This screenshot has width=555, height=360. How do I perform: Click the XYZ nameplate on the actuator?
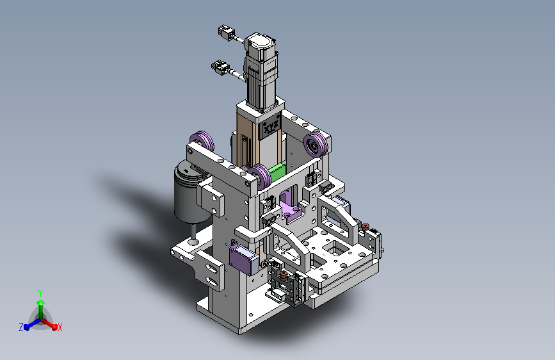click(x=271, y=125)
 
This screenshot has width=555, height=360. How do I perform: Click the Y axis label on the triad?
click(x=40, y=293)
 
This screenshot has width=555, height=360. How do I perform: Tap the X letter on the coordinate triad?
click(x=60, y=327)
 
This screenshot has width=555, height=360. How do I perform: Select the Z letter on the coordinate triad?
click(x=21, y=327)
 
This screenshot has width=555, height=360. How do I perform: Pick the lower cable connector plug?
click(x=220, y=67)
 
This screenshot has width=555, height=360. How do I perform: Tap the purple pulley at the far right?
click(x=316, y=144)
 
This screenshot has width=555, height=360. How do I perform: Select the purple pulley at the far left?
click(x=202, y=140)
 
